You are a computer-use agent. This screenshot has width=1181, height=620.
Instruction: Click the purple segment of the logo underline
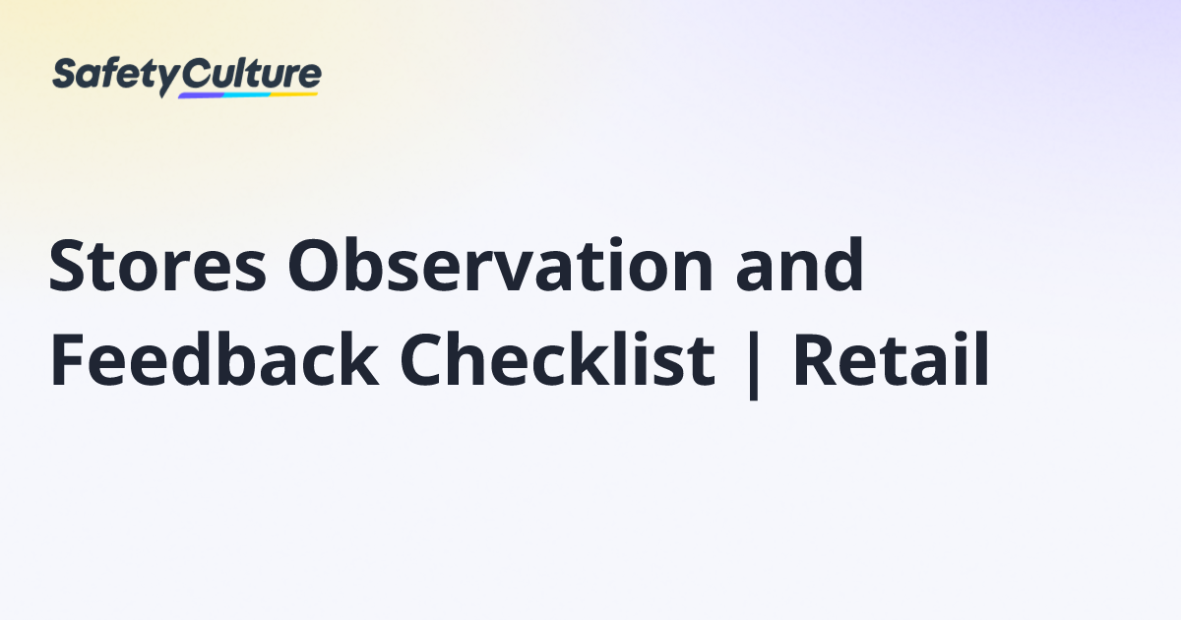pyautogui.click(x=201, y=95)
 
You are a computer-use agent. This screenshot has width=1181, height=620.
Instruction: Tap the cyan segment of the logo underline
pyautogui.click(x=246, y=94)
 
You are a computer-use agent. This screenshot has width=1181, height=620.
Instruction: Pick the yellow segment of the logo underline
pyautogui.click(x=294, y=93)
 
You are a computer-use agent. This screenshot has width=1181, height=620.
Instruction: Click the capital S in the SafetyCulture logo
pyautogui.click(x=65, y=76)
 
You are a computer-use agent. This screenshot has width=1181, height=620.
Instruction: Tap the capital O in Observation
pyautogui.click(x=313, y=267)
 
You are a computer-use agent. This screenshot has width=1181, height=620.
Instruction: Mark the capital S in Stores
pyautogui.click(x=69, y=267)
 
